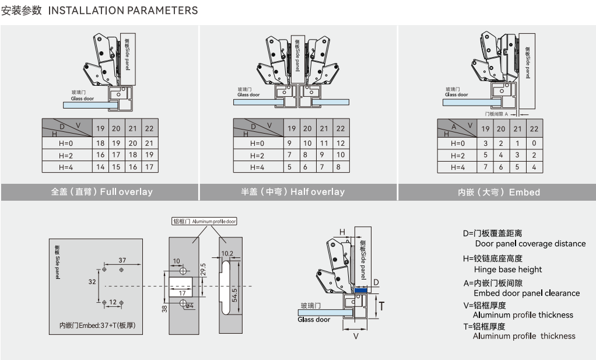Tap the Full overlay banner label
(101, 192)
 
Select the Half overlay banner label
(293, 192)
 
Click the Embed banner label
(499, 192)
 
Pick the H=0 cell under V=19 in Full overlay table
(100, 143)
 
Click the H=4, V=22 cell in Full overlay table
(149, 167)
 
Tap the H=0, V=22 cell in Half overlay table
(341, 143)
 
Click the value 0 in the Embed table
(534, 143)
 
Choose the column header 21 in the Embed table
(518, 129)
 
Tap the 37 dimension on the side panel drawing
(122, 260)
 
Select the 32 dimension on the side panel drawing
(92, 281)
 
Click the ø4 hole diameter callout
(189, 306)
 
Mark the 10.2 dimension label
(227, 254)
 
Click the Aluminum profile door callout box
(204, 221)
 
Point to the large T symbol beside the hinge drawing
(381, 305)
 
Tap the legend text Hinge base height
(507, 270)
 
